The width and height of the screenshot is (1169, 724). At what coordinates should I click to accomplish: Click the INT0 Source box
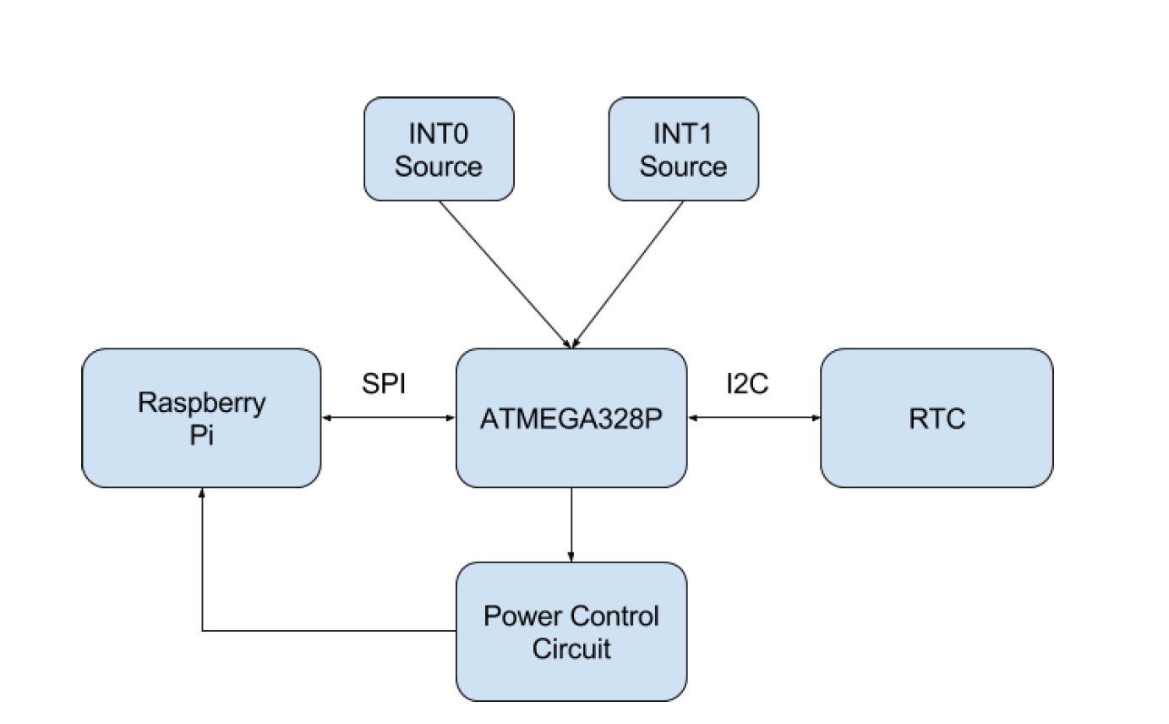(x=439, y=149)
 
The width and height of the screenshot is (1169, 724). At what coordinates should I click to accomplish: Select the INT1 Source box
(x=684, y=149)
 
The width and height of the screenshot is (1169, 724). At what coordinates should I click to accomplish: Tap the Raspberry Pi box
(x=201, y=418)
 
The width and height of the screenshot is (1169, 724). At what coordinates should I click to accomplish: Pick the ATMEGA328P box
(x=571, y=418)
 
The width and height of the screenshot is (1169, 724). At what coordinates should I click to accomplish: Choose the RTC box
(x=937, y=418)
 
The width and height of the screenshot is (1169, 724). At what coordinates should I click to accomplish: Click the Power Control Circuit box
(x=571, y=632)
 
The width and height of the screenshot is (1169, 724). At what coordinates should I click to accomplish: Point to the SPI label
(x=384, y=384)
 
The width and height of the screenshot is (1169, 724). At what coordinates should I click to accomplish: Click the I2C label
(x=747, y=384)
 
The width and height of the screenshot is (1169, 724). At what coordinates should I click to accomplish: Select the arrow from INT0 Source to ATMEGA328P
(x=505, y=274)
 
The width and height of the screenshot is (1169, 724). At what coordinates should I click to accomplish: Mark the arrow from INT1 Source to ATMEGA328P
(x=628, y=274)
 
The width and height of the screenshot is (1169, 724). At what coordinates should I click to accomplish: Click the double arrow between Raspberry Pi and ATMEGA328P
(x=389, y=418)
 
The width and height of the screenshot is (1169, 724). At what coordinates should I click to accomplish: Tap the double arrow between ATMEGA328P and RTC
(x=754, y=418)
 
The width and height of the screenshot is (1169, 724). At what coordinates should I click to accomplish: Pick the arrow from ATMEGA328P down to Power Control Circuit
(x=571, y=525)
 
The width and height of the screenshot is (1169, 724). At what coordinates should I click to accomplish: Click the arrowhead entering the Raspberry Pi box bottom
(x=202, y=493)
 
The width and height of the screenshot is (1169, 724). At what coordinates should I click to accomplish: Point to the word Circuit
(x=571, y=649)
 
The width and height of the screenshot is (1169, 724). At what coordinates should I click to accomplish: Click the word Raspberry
(x=202, y=403)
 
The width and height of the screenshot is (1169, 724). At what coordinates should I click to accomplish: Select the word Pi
(x=201, y=435)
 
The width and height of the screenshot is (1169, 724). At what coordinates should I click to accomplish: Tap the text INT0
(x=439, y=134)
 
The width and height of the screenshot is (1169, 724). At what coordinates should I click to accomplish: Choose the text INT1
(x=683, y=134)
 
